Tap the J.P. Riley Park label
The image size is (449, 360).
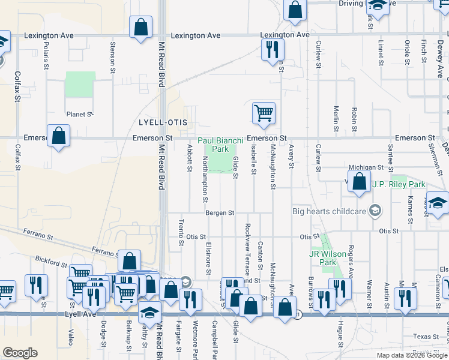[x=399, y=184]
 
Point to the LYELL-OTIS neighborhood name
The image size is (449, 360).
[x=163, y=122]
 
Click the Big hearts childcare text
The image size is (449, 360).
[x=329, y=211]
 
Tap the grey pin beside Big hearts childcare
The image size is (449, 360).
[x=375, y=210]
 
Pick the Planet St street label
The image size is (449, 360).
[x=80, y=114]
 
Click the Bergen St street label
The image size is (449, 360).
[x=218, y=213]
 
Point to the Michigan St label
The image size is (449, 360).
[x=367, y=167]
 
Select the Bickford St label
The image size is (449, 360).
[x=51, y=262]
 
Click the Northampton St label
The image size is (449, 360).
[x=205, y=179]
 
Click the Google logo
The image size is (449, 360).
[x=20, y=353]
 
